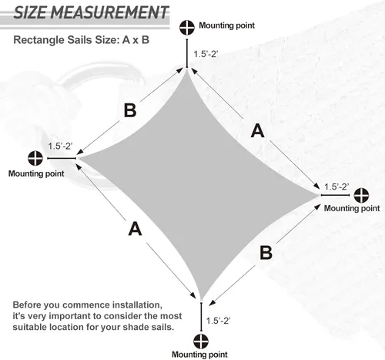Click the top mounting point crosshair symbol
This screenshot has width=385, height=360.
pyautogui.click(x=187, y=28)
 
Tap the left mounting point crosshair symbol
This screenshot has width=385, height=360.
pyautogui.click(x=35, y=158)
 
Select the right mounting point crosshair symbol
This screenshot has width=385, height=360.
pyautogui.click(x=361, y=195)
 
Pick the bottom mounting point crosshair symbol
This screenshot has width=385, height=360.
pyautogui.click(x=201, y=341)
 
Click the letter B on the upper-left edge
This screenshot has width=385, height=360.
pyautogui.click(x=130, y=110)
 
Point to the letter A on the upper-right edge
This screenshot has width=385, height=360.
pyautogui.click(x=258, y=131)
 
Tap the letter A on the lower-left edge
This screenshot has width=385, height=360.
pyautogui.click(x=135, y=229)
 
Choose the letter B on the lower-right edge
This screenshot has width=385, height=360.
pyautogui.click(x=266, y=252)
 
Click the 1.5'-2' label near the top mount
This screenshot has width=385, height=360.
pyautogui.click(x=206, y=54)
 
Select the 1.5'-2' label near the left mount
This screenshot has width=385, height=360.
pyautogui.click(x=60, y=146)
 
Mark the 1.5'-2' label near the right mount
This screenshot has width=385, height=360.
pyautogui.click(x=336, y=187)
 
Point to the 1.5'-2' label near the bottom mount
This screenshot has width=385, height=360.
pyautogui.click(x=218, y=321)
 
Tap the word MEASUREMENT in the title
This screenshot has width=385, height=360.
pyautogui.click(x=109, y=12)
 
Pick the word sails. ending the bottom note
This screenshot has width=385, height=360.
pyautogui.click(x=162, y=328)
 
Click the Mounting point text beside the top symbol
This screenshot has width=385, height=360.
pyautogui.click(x=227, y=25)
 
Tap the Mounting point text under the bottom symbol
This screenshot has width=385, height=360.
pyautogui.click(x=199, y=355)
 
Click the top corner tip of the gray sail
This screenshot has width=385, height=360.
pyautogui.click(x=187, y=69)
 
